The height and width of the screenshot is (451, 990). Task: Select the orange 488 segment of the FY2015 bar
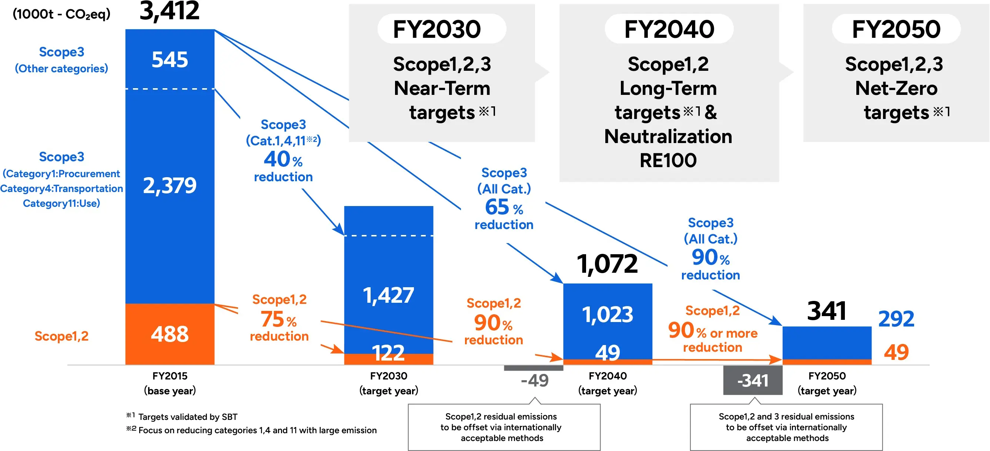(170, 334)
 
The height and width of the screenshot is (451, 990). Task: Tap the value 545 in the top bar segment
(170, 60)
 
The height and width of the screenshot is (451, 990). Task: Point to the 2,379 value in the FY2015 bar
(170, 186)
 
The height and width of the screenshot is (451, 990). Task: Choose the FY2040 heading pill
(669, 29)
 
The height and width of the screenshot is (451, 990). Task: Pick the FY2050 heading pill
(896, 29)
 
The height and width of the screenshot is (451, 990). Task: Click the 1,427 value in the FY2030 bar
(388, 295)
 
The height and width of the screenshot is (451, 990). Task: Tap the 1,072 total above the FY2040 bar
(607, 264)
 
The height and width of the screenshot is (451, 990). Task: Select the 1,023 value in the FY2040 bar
(607, 314)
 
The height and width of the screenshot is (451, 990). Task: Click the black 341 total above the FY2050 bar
(826, 311)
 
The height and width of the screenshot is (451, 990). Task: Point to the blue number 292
(896, 319)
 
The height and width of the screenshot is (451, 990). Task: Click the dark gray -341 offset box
(752, 381)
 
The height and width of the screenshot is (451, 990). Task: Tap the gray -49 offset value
(535, 381)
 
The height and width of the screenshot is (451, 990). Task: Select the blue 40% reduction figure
(283, 159)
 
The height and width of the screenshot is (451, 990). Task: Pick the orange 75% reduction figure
(279, 319)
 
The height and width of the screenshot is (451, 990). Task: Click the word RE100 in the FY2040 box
(668, 160)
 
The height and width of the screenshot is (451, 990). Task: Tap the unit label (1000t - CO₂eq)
(61, 14)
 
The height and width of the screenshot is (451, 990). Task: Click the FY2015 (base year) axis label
(170, 383)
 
